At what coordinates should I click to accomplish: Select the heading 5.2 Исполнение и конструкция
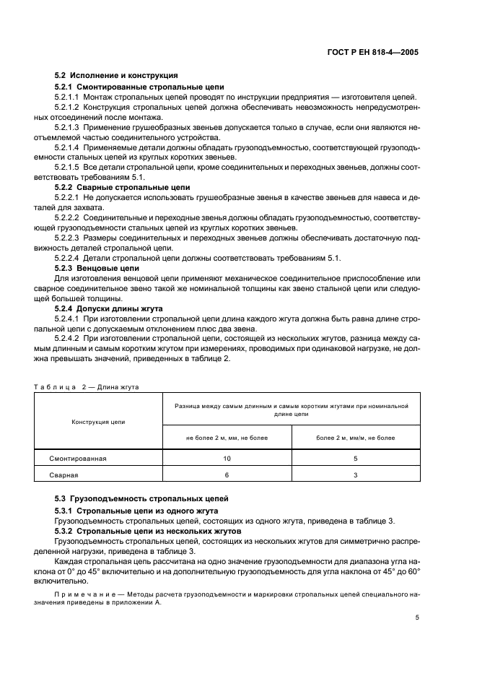pyautogui.click(x=116, y=75)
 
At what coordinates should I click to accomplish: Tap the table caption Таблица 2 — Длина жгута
pyautogui.click(x=87, y=386)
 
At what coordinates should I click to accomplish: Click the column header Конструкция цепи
pyautogui.click(x=97, y=421)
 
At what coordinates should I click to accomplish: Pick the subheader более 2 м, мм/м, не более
pyautogui.click(x=356, y=438)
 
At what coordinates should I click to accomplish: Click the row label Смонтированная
pyautogui.click(x=78, y=459)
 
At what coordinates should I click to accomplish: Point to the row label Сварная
pyautogui.click(x=64, y=474)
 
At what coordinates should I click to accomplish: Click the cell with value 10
pyautogui.click(x=227, y=459)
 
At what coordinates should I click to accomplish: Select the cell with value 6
pyautogui.click(x=227, y=474)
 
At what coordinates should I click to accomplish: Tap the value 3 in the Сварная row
pyautogui.click(x=356, y=474)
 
